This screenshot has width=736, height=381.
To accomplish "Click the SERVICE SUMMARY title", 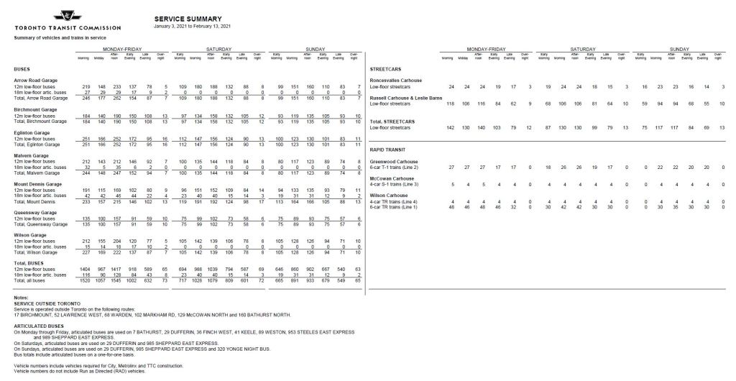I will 188,19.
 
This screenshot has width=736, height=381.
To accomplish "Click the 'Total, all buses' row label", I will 30,279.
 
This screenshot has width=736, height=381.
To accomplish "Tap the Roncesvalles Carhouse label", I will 395,80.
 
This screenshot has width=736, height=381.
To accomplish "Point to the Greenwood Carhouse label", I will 393,162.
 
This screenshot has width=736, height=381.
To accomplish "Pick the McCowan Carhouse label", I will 392,178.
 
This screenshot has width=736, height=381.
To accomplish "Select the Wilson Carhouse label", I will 390,196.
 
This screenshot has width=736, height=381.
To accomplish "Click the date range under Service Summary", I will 192,27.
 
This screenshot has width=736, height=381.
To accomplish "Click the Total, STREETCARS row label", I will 393,122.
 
